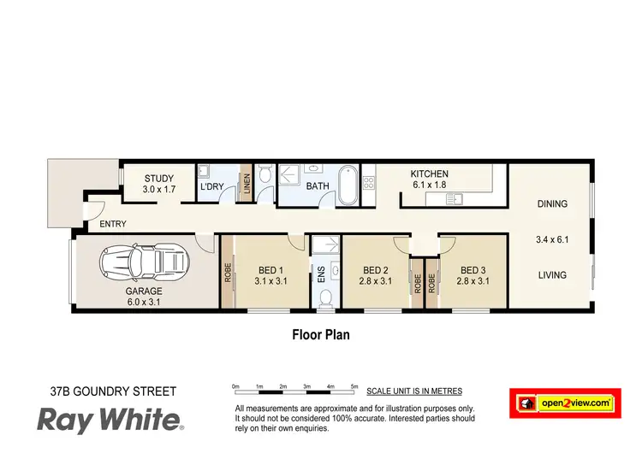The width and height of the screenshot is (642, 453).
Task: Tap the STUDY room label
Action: coord(158,179)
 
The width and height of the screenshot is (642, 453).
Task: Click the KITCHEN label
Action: coord(429,174)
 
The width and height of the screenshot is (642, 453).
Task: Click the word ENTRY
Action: coord(113,224)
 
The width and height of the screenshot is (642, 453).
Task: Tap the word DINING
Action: coord(553,203)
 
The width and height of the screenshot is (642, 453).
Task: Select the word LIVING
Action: coord(553,274)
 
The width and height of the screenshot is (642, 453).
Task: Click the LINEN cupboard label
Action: coord(247,185)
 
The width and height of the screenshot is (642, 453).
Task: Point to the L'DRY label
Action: coord(211,186)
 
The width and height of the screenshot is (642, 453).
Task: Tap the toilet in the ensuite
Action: coord(325,298)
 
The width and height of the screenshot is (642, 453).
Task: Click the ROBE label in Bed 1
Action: coord(228,272)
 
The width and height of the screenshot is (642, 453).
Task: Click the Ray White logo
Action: coord(109,419)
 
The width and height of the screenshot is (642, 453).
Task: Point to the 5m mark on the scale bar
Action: coord(354,387)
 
